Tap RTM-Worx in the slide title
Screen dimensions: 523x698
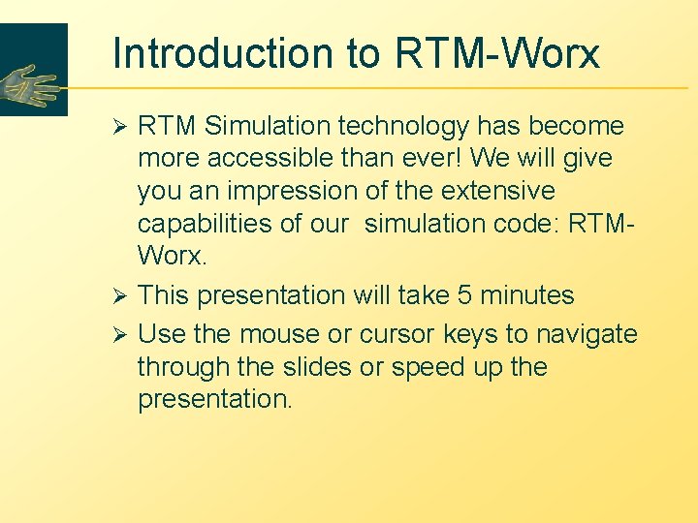pos(497,54)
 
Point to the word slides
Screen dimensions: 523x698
pos(314,368)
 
